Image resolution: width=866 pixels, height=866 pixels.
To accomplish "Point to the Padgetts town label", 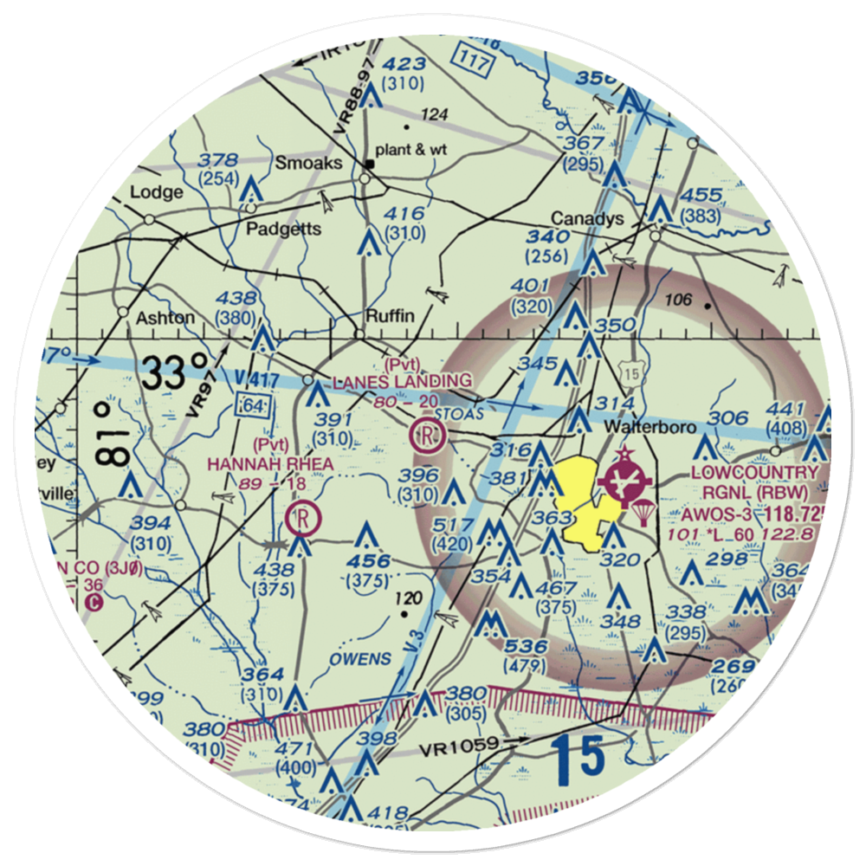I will point(283,229).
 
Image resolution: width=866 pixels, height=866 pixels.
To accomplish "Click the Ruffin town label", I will point(391,315).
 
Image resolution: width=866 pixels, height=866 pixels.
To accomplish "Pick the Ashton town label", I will point(165,317).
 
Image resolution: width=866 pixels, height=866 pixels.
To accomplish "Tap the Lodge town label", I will point(157,191).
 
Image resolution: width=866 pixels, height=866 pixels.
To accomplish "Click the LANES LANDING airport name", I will point(403,381).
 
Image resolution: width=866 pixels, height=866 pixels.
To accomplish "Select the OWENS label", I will point(359,659).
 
